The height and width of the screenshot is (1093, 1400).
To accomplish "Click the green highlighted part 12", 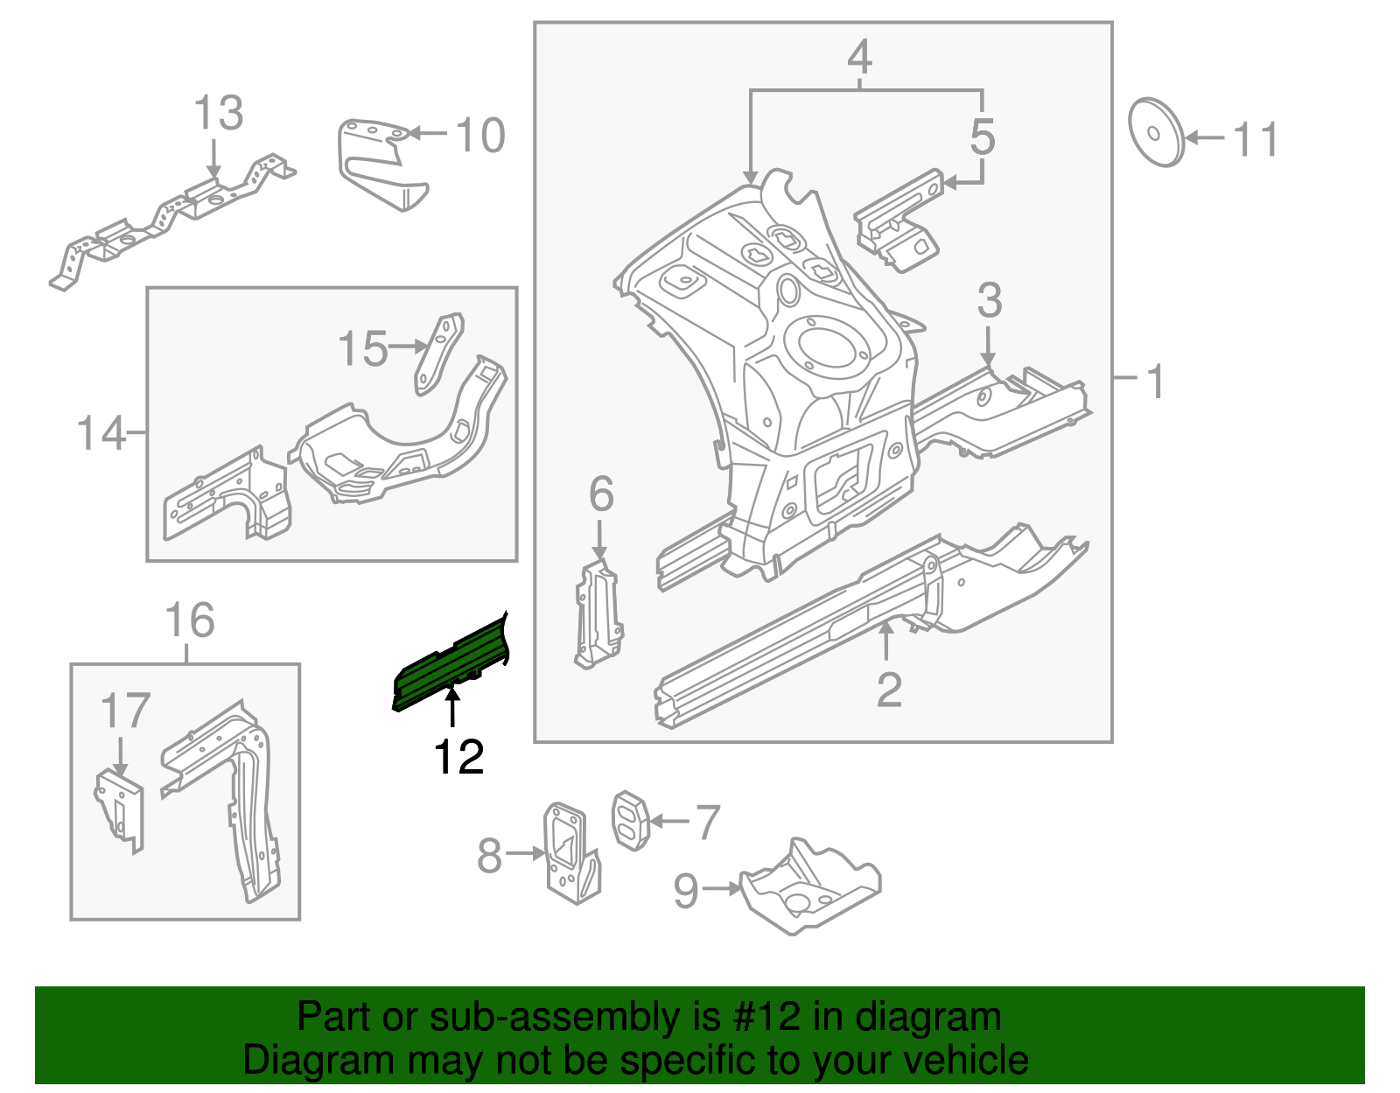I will (x=451, y=665).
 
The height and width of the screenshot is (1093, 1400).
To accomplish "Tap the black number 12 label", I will (x=458, y=757).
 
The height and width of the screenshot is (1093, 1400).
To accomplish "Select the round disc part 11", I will (x=1155, y=133).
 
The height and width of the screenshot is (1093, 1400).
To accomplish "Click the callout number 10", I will (x=480, y=136).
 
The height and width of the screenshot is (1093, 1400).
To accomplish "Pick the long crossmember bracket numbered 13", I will (x=175, y=214).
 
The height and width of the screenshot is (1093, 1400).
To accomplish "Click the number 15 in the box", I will (x=362, y=348).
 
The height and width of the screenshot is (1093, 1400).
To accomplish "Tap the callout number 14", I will (x=101, y=433).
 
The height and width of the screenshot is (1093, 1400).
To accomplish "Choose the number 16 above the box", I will (x=189, y=620).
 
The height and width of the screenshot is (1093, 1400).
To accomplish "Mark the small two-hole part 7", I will (x=628, y=820).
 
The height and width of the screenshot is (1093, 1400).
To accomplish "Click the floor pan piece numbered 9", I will (x=809, y=888).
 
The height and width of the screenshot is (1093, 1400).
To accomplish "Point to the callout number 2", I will (x=888, y=690).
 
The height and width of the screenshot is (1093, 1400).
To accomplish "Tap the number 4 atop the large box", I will (x=859, y=57).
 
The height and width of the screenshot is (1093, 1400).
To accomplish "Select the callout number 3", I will (x=989, y=300).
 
